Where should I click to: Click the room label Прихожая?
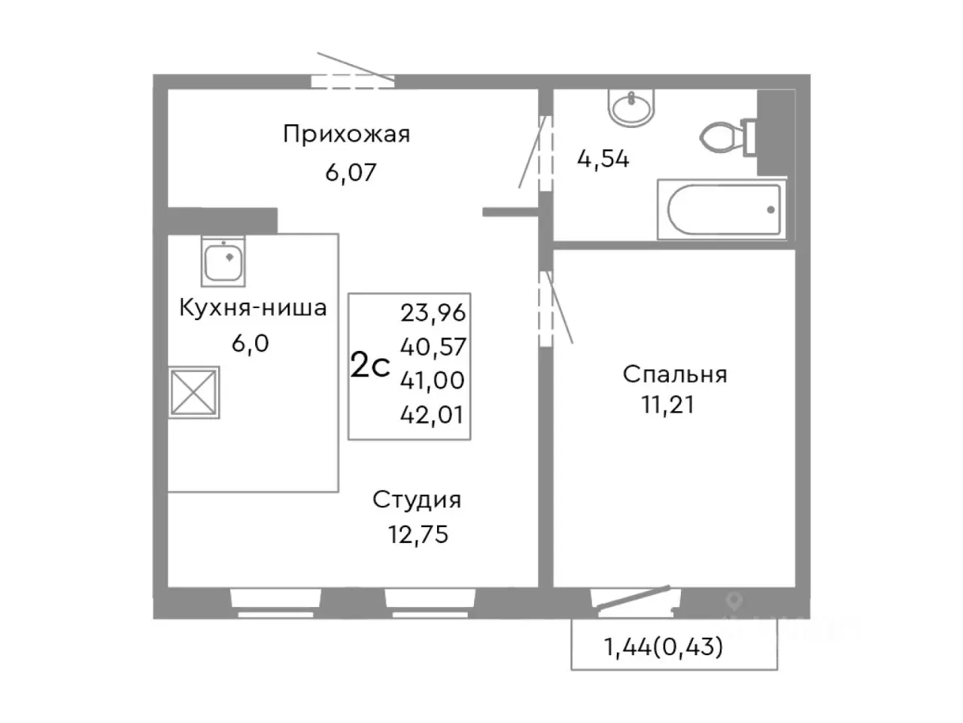[346, 135]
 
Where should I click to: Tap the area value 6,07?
[350, 172]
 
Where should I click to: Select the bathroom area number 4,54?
[603, 159]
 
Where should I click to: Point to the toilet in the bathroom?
[727, 136]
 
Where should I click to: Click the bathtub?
[723, 209]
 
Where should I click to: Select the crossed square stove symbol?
[194, 392]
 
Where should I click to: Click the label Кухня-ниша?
[252, 308]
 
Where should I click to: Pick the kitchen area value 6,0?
[250, 343]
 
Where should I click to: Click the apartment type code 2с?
[370, 366]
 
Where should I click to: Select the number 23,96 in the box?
[433, 312]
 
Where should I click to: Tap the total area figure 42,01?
[433, 415]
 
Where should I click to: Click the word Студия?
[417, 499]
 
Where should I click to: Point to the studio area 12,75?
[418, 534]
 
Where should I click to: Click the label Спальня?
[674, 374]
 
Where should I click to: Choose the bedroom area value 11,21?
[667, 405]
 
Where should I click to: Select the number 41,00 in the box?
[433, 380]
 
